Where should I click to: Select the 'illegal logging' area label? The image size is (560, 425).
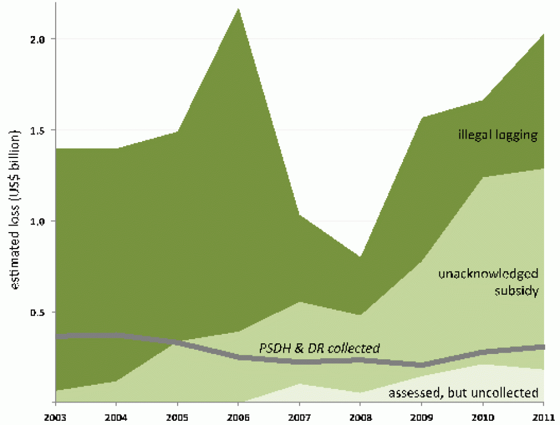coord(498,136)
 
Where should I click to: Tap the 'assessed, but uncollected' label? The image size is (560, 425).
coord(464,392)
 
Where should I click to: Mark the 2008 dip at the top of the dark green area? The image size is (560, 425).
coord(360,256)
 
